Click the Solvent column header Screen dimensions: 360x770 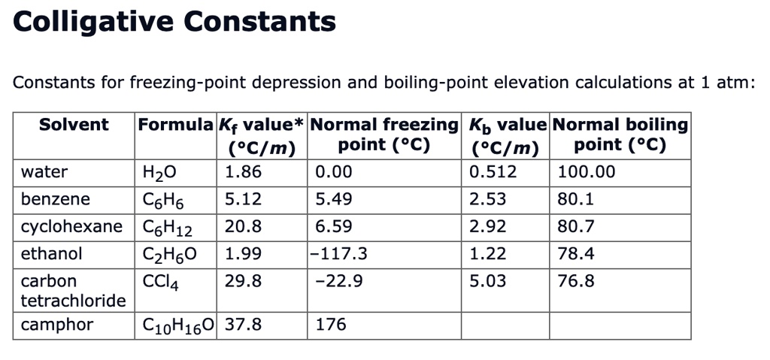(x=74, y=125)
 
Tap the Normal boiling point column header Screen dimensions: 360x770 (x=620, y=134)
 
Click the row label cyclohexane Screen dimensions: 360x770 (x=71, y=226)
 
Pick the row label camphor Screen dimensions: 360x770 (x=57, y=325)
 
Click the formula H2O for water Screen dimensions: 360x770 (x=158, y=173)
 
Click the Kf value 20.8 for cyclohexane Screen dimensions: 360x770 (x=244, y=226)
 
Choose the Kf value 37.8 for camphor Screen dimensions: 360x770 (x=244, y=325)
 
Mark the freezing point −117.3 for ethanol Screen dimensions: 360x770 (x=340, y=254)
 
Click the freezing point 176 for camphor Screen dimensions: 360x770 (x=331, y=325)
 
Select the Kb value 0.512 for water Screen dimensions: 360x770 (x=493, y=172)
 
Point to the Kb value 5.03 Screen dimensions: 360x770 (x=487, y=281)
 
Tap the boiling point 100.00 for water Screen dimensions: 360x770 (x=586, y=172)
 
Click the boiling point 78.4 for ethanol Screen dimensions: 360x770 (x=576, y=254)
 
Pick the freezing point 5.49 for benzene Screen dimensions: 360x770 (x=334, y=199)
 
